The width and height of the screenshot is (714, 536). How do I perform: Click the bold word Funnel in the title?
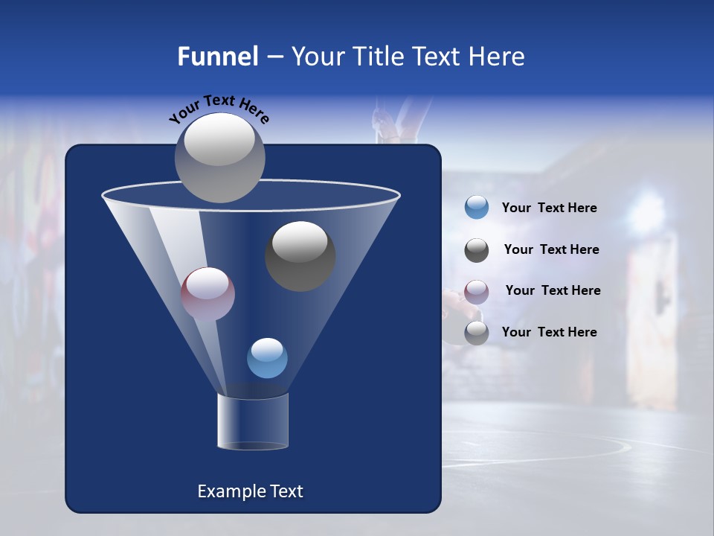tap(218, 57)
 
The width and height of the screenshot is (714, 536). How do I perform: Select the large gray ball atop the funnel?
tap(219, 157)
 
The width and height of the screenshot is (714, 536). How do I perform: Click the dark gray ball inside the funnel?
tap(300, 256)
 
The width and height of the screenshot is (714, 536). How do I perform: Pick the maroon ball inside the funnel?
tap(208, 294)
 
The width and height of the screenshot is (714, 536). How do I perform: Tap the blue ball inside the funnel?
tap(267, 358)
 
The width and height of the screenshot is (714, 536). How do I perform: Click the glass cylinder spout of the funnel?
tap(252, 421)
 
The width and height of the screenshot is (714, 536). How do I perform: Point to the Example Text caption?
tap(250, 491)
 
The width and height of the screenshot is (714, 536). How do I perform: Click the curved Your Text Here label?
tap(219, 109)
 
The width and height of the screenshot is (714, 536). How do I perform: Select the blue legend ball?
tap(476, 208)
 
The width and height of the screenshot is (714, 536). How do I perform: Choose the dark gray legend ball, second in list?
tap(476, 250)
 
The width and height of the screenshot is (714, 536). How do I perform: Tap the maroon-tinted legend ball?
tap(476, 291)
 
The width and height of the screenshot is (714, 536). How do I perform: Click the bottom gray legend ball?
tap(476, 333)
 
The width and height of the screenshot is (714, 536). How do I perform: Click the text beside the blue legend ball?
tap(549, 208)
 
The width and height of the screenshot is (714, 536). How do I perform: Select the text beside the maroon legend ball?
tap(553, 290)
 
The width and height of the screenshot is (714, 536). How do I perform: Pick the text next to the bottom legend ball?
tap(549, 332)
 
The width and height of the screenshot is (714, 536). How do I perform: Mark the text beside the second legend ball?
tap(551, 249)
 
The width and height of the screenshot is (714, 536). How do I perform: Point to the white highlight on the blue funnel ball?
tap(267, 348)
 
